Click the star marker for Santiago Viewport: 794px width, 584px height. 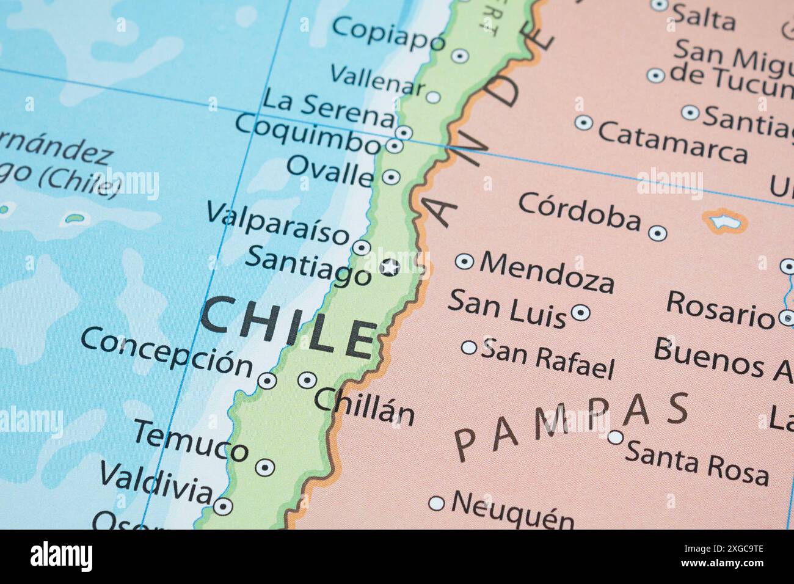pos(390,267)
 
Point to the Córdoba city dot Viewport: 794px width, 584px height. pos(657,233)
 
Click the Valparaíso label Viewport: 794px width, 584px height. pos(278,224)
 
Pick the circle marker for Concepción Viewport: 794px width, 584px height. pos(267,381)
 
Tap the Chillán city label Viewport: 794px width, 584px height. pos(365,406)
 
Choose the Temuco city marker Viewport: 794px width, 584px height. pos(264,467)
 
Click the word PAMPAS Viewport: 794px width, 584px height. pos(571,425)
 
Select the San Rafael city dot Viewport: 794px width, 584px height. pos(468,348)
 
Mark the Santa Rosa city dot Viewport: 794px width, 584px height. pos(616,437)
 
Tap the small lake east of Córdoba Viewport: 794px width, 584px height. pos(725,221)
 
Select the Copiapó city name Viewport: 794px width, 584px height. pos(389,33)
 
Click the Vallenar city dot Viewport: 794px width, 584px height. pos(433,97)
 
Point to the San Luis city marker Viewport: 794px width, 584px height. pos(580,313)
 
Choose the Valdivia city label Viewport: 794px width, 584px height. pos(156,480)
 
